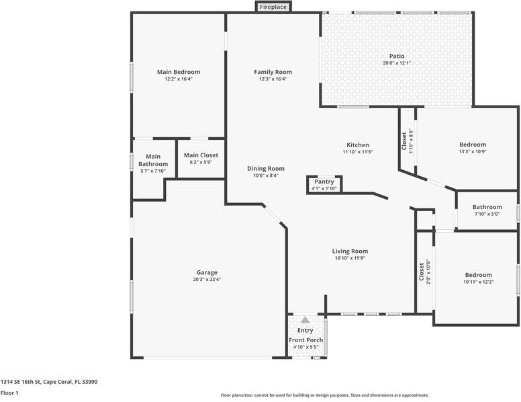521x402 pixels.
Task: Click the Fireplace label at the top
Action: pyautogui.click(x=273, y=7)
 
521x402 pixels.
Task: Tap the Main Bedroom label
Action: pyautogui.click(x=179, y=72)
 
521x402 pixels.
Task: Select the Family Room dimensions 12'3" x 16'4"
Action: pyautogui.click(x=273, y=79)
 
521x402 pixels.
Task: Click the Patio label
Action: pyautogui.click(x=397, y=56)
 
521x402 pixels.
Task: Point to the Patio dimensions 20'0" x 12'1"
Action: pyautogui.click(x=397, y=63)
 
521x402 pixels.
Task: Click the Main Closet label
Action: pyautogui.click(x=201, y=155)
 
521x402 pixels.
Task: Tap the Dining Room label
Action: pyautogui.click(x=266, y=169)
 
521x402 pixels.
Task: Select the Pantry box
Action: pyautogui.click(x=324, y=184)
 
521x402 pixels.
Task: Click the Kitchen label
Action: pyautogui.click(x=357, y=145)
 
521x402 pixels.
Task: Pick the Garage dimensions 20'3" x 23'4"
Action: pyautogui.click(x=207, y=280)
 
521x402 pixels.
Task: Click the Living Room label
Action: pyautogui.click(x=350, y=251)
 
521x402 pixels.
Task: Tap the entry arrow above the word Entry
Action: pyautogui.click(x=305, y=321)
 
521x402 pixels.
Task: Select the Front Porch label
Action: pyautogui.click(x=306, y=340)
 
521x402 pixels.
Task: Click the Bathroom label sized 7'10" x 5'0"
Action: pyautogui.click(x=487, y=207)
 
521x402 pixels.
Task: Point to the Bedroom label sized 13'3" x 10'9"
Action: pyautogui.click(x=473, y=145)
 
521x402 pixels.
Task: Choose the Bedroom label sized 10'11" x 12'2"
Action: pyautogui.click(x=479, y=275)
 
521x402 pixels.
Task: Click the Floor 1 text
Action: pyautogui.click(x=9, y=393)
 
